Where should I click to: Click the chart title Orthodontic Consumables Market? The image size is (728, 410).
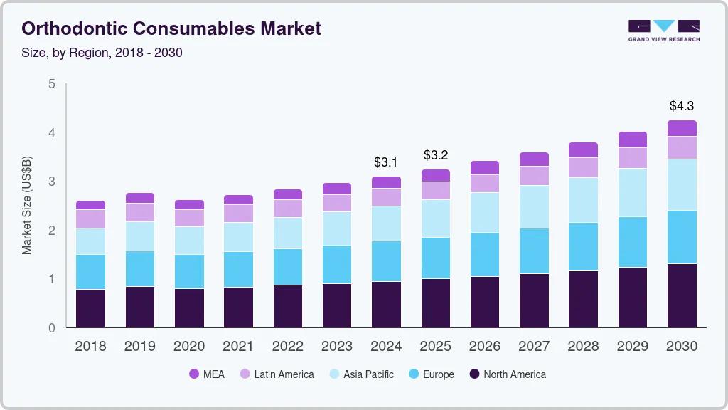point(171,28)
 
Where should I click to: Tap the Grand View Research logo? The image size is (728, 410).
point(663,30)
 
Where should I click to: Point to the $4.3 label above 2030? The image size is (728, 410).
point(682,106)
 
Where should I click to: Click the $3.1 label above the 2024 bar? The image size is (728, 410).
point(386,162)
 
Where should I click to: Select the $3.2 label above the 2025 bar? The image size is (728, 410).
point(435,155)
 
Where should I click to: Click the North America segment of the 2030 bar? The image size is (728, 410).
point(682,295)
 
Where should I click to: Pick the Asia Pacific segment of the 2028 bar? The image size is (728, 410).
point(583,200)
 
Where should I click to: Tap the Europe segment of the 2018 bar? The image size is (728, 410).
point(90,272)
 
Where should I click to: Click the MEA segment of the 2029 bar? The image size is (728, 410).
point(632,140)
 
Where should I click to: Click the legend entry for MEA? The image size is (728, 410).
point(206,374)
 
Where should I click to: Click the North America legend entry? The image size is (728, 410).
point(507,374)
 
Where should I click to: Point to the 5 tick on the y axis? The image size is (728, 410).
point(51,84)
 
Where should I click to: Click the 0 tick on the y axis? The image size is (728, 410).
point(51,328)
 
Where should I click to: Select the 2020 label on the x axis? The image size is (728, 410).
point(189,347)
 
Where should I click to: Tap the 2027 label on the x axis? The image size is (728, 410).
point(534,347)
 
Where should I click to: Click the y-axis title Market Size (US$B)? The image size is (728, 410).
point(27,205)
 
